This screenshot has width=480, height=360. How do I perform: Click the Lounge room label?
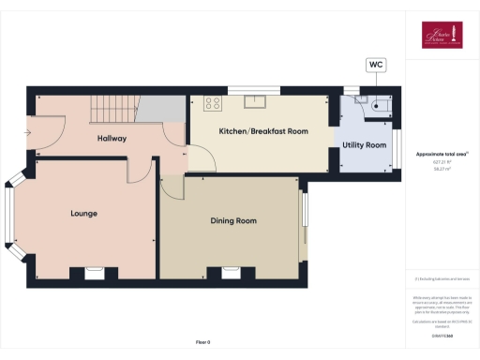(x=83, y=213)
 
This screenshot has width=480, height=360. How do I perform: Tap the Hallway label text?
(x=112, y=139)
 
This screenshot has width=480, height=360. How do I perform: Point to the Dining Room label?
(x=233, y=221)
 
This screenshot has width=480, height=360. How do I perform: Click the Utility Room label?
(x=364, y=145)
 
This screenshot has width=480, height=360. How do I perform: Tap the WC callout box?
(x=376, y=65)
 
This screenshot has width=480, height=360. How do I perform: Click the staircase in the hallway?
(x=114, y=111)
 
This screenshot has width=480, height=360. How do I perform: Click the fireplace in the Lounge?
(x=94, y=273)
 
